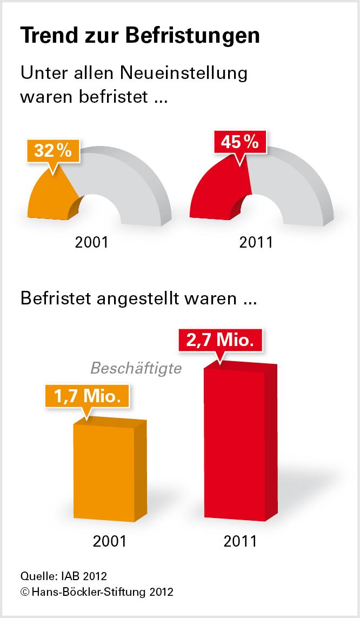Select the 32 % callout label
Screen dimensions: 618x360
click(52, 151)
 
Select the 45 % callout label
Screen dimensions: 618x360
click(239, 143)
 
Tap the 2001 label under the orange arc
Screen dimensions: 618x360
click(92, 242)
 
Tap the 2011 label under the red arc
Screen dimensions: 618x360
click(256, 242)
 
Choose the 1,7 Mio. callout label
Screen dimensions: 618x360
click(86, 396)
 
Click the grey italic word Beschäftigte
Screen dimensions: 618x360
click(135, 368)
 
